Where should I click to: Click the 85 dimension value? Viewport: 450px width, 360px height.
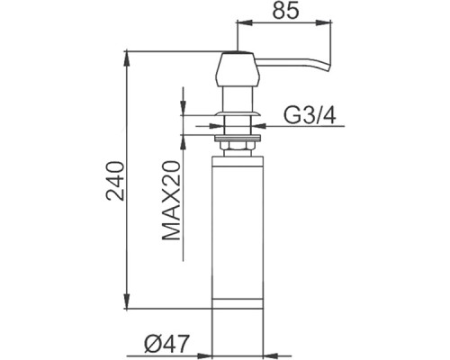click(x=285, y=11)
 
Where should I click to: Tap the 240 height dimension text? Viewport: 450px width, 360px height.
click(x=115, y=181)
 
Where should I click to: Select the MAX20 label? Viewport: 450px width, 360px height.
click(x=171, y=201)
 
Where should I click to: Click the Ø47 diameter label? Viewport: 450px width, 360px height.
click(x=167, y=344)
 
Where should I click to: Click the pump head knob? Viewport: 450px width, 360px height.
click(x=238, y=69)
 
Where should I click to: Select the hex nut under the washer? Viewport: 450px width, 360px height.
click(x=237, y=146)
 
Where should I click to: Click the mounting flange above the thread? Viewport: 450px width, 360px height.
click(x=237, y=113)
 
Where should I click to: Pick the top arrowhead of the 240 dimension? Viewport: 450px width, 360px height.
click(x=127, y=58)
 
